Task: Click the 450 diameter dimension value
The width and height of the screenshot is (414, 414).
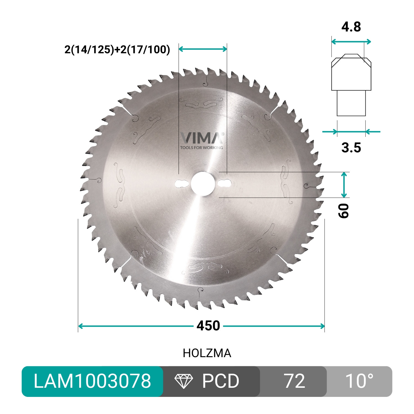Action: click(208, 326)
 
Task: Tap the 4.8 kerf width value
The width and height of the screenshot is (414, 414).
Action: click(351, 27)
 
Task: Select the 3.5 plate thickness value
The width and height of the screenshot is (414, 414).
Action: click(351, 148)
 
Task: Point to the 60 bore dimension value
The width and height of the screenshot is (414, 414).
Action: click(344, 211)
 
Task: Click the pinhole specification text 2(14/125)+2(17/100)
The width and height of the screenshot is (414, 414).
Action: click(117, 50)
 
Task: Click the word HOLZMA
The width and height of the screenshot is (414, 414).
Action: click(207, 353)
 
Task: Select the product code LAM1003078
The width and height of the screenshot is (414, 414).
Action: click(92, 381)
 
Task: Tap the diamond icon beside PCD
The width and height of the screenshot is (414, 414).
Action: click(184, 381)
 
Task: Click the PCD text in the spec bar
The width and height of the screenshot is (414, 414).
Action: click(221, 381)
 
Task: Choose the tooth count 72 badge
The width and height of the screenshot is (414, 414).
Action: click(294, 381)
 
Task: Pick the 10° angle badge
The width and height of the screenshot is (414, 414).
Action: click(359, 381)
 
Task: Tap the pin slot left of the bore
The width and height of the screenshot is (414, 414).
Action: click(181, 183)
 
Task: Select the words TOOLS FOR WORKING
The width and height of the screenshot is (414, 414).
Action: click(201, 148)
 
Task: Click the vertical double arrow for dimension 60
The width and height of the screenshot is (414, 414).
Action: click(344, 185)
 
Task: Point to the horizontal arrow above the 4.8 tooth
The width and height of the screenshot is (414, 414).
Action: click(351, 42)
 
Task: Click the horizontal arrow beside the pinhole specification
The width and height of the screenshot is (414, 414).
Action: click(203, 49)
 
